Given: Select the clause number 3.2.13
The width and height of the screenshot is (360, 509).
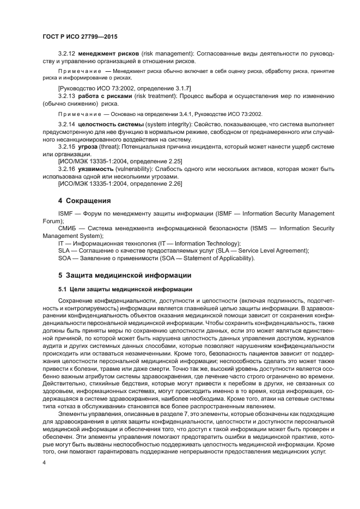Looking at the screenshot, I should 68,96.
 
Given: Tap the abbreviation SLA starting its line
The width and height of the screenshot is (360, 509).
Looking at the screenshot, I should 64,250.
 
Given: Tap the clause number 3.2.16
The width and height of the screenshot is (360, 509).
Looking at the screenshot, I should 68,169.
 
